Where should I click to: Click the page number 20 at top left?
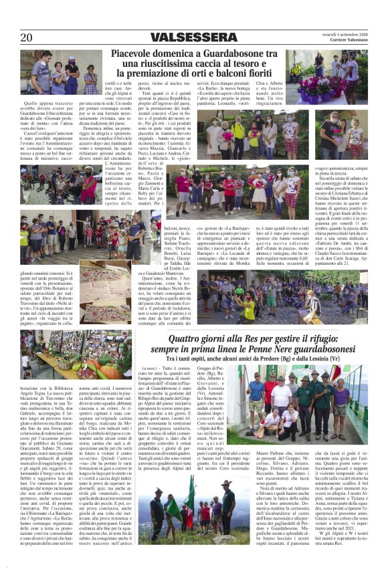click(27, 37)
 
